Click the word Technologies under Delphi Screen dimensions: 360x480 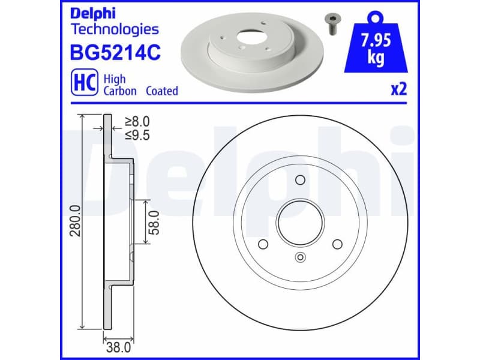pyautogui.click(x=115, y=29)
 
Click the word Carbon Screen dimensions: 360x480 pyautogui.click(x=120, y=91)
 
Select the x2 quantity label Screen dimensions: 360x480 pyautogui.click(x=398, y=89)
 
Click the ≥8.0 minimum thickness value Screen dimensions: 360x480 pyautogui.click(x=137, y=122)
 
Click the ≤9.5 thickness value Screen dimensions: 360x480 pyautogui.click(x=137, y=135)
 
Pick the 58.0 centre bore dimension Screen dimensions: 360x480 pyautogui.click(x=154, y=222)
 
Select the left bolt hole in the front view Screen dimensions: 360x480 pyautogui.click(x=262, y=245)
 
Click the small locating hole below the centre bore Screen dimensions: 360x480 pyautogui.click(x=300, y=257)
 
